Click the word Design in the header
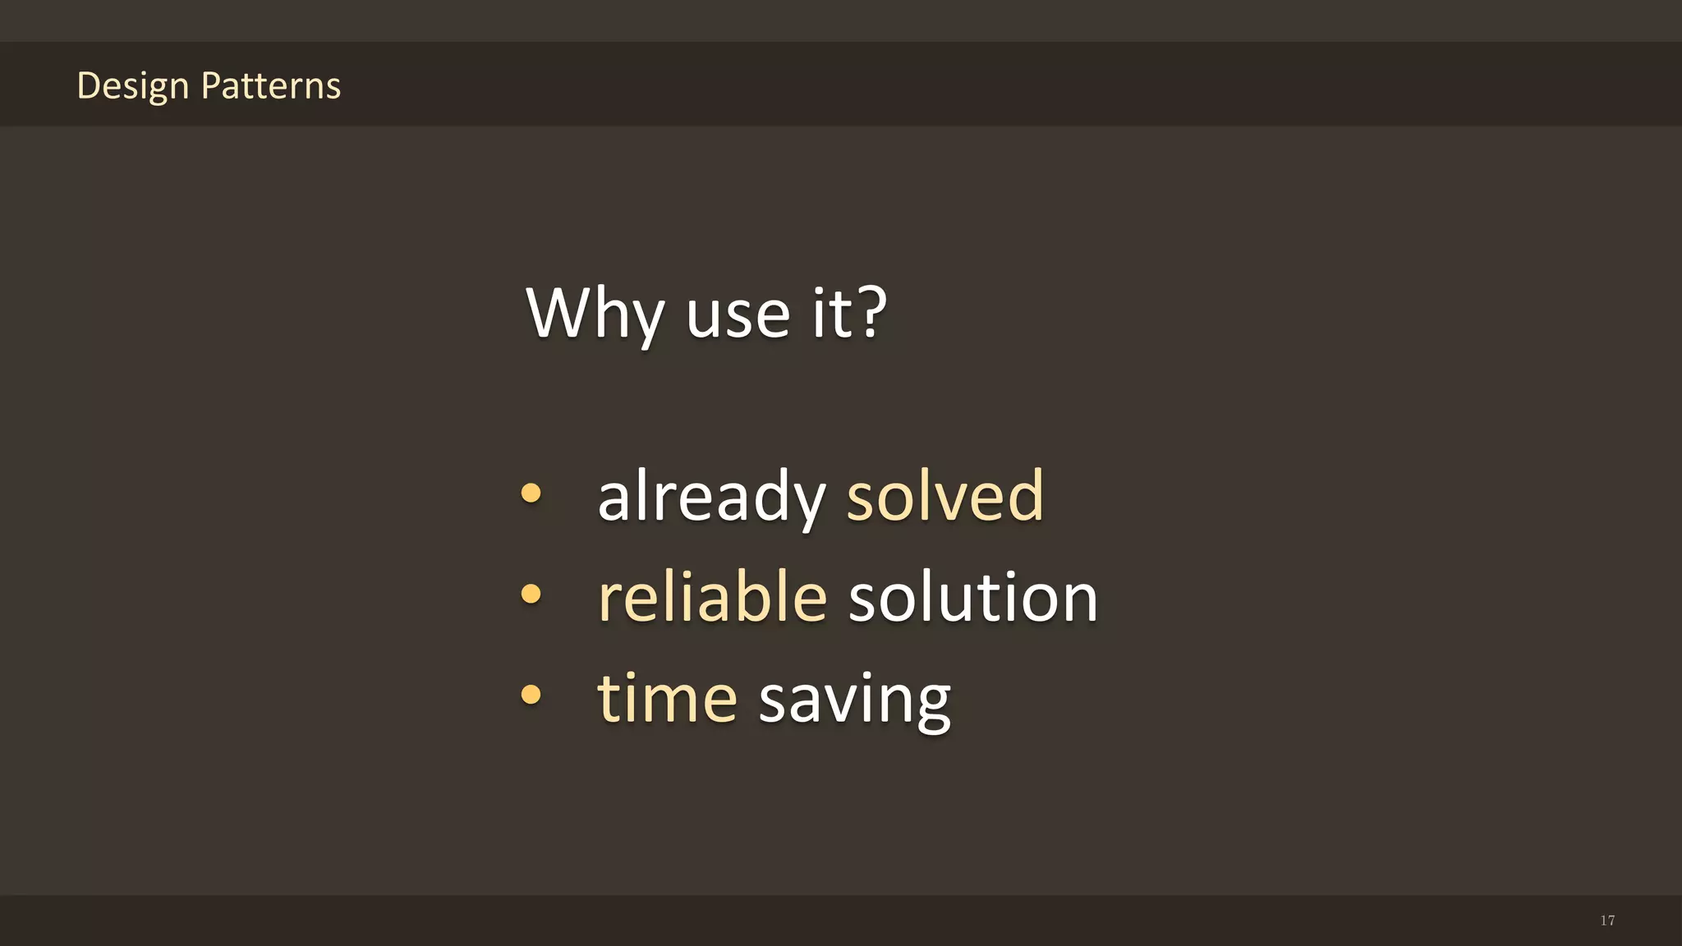click(x=132, y=86)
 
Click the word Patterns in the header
click(x=270, y=85)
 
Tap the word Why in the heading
click(x=594, y=314)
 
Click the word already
click(x=710, y=498)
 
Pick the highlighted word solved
click(x=944, y=496)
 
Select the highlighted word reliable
click(x=712, y=597)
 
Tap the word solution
click(x=972, y=597)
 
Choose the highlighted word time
click(x=667, y=698)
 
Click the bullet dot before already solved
click(x=531, y=493)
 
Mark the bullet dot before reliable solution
click(x=531, y=594)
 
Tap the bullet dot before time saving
click(x=531, y=695)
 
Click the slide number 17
click(x=1607, y=921)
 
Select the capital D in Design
click(x=89, y=85)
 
